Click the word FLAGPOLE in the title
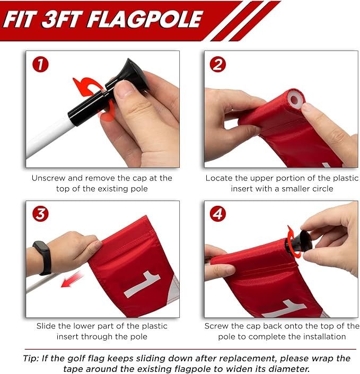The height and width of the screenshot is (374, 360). (x=145, y=19)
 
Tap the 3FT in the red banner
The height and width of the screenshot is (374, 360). (x=62, y=19)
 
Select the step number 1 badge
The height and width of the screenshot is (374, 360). (x=40, y=64)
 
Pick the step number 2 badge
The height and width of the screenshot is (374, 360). (x=218, y=64)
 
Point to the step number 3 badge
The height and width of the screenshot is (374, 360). (x=40, y=214)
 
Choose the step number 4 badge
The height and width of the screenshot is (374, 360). (x=218, y=214)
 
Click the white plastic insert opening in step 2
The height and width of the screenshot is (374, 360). (x=296, y=99)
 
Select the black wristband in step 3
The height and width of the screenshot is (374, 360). (x=43, y=258)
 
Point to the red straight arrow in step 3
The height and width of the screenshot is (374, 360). (x=72, y=280)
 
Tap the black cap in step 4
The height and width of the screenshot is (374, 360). (x=299, y=243)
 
